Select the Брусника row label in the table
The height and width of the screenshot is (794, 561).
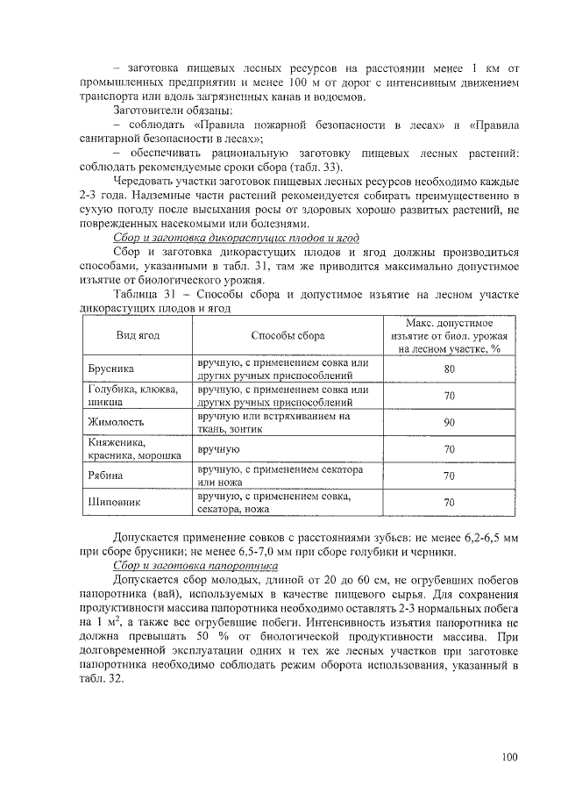110,369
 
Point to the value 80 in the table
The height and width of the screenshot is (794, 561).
449,369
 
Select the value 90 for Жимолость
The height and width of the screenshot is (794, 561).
449,422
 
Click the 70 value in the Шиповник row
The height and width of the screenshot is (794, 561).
449,503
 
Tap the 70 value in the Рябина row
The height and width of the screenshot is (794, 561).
449,476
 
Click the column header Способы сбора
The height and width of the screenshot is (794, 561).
288,336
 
